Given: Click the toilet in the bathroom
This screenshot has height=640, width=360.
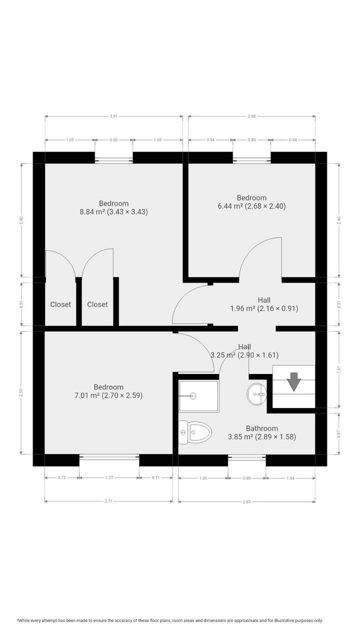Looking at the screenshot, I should coord(196,432).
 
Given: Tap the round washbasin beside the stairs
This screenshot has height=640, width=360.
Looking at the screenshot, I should coord(256,394).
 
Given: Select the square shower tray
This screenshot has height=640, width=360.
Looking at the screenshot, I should coord(198,396).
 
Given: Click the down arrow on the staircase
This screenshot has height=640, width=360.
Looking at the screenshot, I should coord(294,381).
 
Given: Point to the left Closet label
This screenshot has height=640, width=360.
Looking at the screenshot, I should coord(60,304).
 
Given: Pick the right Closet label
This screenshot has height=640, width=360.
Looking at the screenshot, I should coord(97,304).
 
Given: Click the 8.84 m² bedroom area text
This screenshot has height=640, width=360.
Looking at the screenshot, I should coord(113,212).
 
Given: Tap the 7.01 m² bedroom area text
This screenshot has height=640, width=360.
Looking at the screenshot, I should coord(108,395).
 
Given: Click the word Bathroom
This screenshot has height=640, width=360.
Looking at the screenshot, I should coord(261,428).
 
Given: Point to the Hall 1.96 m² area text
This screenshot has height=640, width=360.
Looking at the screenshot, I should coord(264,308).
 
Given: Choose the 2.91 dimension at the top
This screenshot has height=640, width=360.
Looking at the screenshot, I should coord(113,116).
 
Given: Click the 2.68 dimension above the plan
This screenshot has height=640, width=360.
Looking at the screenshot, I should coord(251,116).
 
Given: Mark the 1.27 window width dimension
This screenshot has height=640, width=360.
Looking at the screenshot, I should coord(109,478).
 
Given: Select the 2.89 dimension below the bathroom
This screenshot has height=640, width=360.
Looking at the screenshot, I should coord(246,501).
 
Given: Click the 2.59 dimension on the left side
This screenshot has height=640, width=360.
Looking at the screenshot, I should coord(21,392).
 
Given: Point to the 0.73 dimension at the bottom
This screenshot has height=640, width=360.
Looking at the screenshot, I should coord(62,478).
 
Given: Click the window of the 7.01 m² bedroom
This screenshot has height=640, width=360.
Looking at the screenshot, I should coord(109,457).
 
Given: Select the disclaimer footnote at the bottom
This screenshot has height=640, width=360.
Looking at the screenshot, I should coord(170,620).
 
